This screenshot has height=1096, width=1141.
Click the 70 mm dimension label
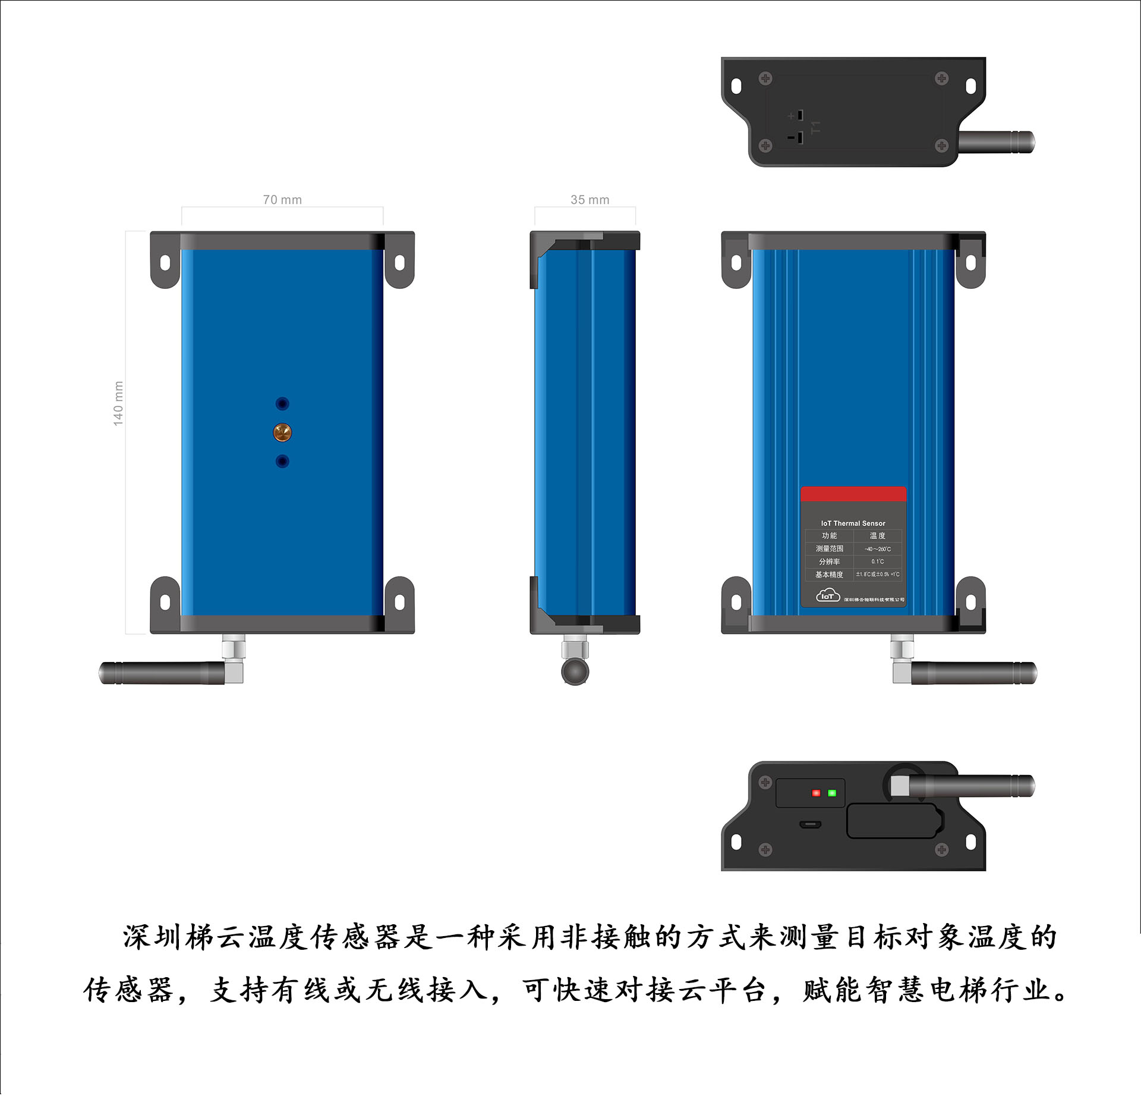click(x=282, y=200)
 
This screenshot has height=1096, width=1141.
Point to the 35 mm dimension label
click(x=590, y=200)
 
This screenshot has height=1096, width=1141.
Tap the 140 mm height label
click(x=118, y=403)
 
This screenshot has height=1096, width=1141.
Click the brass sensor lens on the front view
click(x=282, y=432)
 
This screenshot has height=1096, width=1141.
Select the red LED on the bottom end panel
click(x=816, y=793)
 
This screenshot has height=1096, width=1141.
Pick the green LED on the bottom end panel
click(x=832, y=793)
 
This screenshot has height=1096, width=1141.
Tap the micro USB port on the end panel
click(x=810, y=824)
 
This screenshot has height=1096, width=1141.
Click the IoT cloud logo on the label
click(x=827, y=595)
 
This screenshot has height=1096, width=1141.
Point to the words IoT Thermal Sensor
click(x=853, y=523)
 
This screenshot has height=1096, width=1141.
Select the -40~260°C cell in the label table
click(x=877, y=549)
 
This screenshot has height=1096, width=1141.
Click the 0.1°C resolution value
click(x=877, y=562)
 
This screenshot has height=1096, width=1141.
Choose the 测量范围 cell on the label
click(x=829, y=549)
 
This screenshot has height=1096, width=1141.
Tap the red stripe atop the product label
click(x=853, y=494)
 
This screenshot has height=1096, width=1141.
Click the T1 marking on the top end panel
click(x=815, y=127)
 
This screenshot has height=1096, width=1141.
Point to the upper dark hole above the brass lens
click(x=282, y=404)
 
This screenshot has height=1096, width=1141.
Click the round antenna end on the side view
click(x=575, y=672)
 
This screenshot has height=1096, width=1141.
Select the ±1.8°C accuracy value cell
click(x=877, y=575)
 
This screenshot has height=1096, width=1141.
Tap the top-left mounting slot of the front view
click(x=165, y=262)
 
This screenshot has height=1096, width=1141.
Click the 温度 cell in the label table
click(x=877, y=536)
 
